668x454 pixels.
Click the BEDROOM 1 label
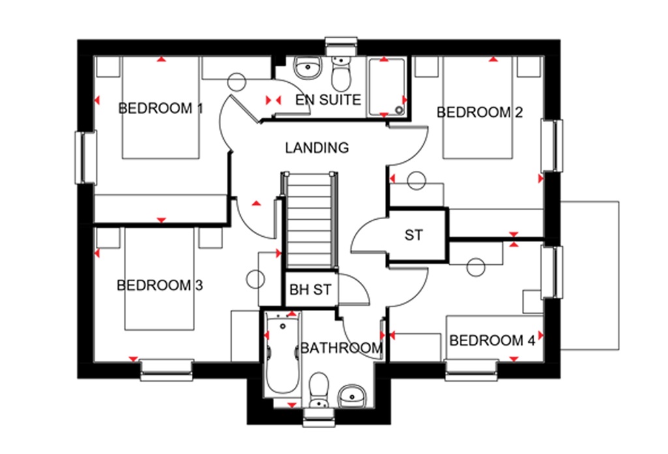click(x=160, y=108)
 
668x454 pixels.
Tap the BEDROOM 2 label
click(x=479, y=112)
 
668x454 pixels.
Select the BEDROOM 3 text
click(x=160, y=285)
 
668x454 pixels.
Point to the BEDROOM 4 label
click(x=493, y=340)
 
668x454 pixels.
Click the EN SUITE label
click(x=328, y=100)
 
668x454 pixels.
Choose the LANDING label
click(x=317, y=147)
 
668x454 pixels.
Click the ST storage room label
click(x=414, y=235)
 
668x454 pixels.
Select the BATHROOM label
click(x=341, y=348)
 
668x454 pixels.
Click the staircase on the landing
click(x=311, y=219)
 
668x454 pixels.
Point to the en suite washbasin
click(x=306, y=68)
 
